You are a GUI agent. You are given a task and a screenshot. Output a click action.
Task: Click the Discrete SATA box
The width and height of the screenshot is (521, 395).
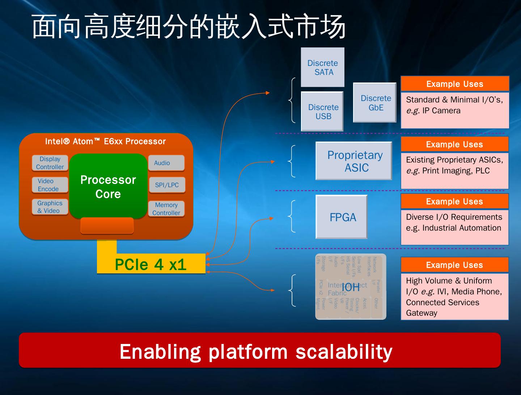pos(323,67)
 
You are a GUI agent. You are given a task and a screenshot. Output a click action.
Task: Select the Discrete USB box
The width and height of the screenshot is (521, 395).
pos(322,112)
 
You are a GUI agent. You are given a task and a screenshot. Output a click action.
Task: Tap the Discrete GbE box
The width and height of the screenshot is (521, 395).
pos(375,103)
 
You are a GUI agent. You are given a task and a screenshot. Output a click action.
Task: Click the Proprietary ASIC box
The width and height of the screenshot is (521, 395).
pos(354,161)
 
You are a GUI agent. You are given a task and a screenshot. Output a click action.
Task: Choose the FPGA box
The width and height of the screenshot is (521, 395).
pos(342,217)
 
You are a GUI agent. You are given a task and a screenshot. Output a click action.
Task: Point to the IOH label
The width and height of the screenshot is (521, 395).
pos(351,287)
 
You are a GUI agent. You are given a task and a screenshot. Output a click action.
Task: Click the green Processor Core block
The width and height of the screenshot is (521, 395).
pos(108,186)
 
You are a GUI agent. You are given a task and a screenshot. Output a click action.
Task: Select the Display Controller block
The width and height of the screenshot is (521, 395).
pos(50,163)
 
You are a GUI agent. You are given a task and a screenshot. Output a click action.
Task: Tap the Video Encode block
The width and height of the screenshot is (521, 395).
pos(50,185)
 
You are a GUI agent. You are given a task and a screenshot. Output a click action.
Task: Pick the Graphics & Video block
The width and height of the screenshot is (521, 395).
pos(50,207)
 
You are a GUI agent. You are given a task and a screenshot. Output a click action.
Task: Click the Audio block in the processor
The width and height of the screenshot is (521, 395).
pos(166,163)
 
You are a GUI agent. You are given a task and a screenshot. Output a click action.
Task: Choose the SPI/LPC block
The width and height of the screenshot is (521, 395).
pos(167,185)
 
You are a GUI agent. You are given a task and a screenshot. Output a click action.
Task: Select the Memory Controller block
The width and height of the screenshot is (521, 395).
pos(166,209)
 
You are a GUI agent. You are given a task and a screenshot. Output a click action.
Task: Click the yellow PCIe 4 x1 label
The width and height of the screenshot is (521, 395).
pos(151,265)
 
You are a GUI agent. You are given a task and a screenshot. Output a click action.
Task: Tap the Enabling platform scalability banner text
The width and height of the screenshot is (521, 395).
pos(256,352)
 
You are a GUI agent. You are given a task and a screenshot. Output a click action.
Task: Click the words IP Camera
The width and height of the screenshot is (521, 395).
pos(441,111)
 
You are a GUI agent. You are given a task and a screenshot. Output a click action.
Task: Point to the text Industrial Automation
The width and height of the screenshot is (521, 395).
pos(462,228)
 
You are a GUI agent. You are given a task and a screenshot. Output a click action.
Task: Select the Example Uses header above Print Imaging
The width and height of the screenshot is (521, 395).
pos(454,144)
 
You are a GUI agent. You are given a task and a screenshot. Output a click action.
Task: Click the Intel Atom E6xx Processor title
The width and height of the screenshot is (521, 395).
pos(105,142)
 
